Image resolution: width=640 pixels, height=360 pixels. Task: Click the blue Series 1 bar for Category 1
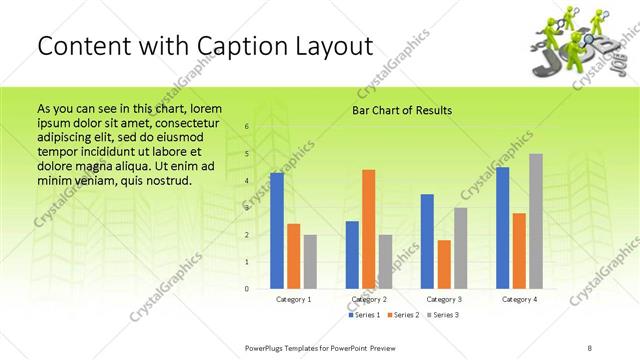[x=277, y=231]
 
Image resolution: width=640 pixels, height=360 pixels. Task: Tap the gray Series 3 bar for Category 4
[x=536, y=221]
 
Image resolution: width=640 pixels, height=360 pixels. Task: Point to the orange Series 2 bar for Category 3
[x=443, y=264]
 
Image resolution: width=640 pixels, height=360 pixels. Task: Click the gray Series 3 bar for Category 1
[x=310, y=261]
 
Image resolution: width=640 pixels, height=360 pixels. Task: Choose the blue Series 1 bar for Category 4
[x=503, y=228]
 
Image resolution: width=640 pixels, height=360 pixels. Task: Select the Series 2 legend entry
[x=402, y=315]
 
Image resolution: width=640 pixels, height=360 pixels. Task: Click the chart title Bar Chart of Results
[x=401, y=110]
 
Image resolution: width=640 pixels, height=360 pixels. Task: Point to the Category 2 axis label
[x=368, y=299]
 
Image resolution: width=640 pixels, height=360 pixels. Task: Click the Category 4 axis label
[x=519, y=299]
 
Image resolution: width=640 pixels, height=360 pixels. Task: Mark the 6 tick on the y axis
[x=247, y=127]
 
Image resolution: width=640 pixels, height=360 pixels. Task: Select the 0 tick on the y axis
[x=247, y=289]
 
